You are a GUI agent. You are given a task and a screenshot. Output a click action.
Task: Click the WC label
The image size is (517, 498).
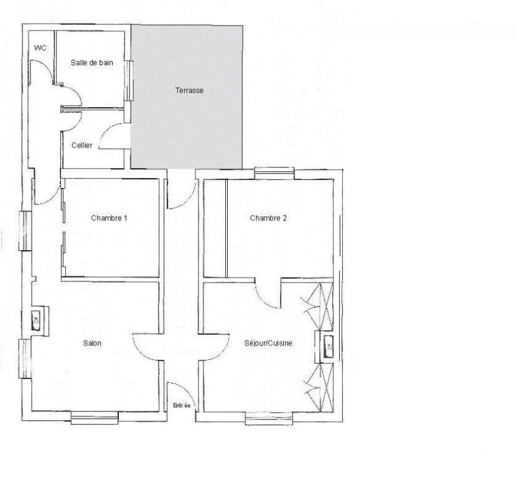[x=40, y=48]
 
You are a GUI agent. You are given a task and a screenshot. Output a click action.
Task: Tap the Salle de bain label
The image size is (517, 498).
[x=92, y=63]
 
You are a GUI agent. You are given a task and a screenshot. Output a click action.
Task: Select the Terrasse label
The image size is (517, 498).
[x=189, y=90]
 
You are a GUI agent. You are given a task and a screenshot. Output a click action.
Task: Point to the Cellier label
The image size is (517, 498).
[x=82, y=145]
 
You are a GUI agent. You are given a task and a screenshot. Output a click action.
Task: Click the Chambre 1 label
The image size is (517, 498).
[x=109, y=218]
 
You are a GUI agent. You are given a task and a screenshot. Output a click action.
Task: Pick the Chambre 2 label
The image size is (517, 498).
[x=268, y=218]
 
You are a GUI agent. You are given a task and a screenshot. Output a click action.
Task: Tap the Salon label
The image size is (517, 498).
[x=92, y=344]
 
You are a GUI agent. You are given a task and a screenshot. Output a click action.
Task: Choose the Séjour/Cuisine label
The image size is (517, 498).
[x=268, y=344]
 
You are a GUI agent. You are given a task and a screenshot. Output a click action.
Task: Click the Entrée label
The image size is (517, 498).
[x=182, y=406]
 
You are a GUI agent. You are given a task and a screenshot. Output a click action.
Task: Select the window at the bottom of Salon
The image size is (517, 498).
[x=95, y=418]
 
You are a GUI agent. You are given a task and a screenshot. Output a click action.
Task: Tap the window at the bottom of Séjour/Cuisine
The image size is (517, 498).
[x=269, y=418]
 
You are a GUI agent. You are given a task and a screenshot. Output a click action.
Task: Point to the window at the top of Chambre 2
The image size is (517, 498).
[x=274, y=174]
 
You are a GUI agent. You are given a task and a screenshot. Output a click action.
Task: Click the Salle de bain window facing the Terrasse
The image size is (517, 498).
[x=129, y=80]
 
